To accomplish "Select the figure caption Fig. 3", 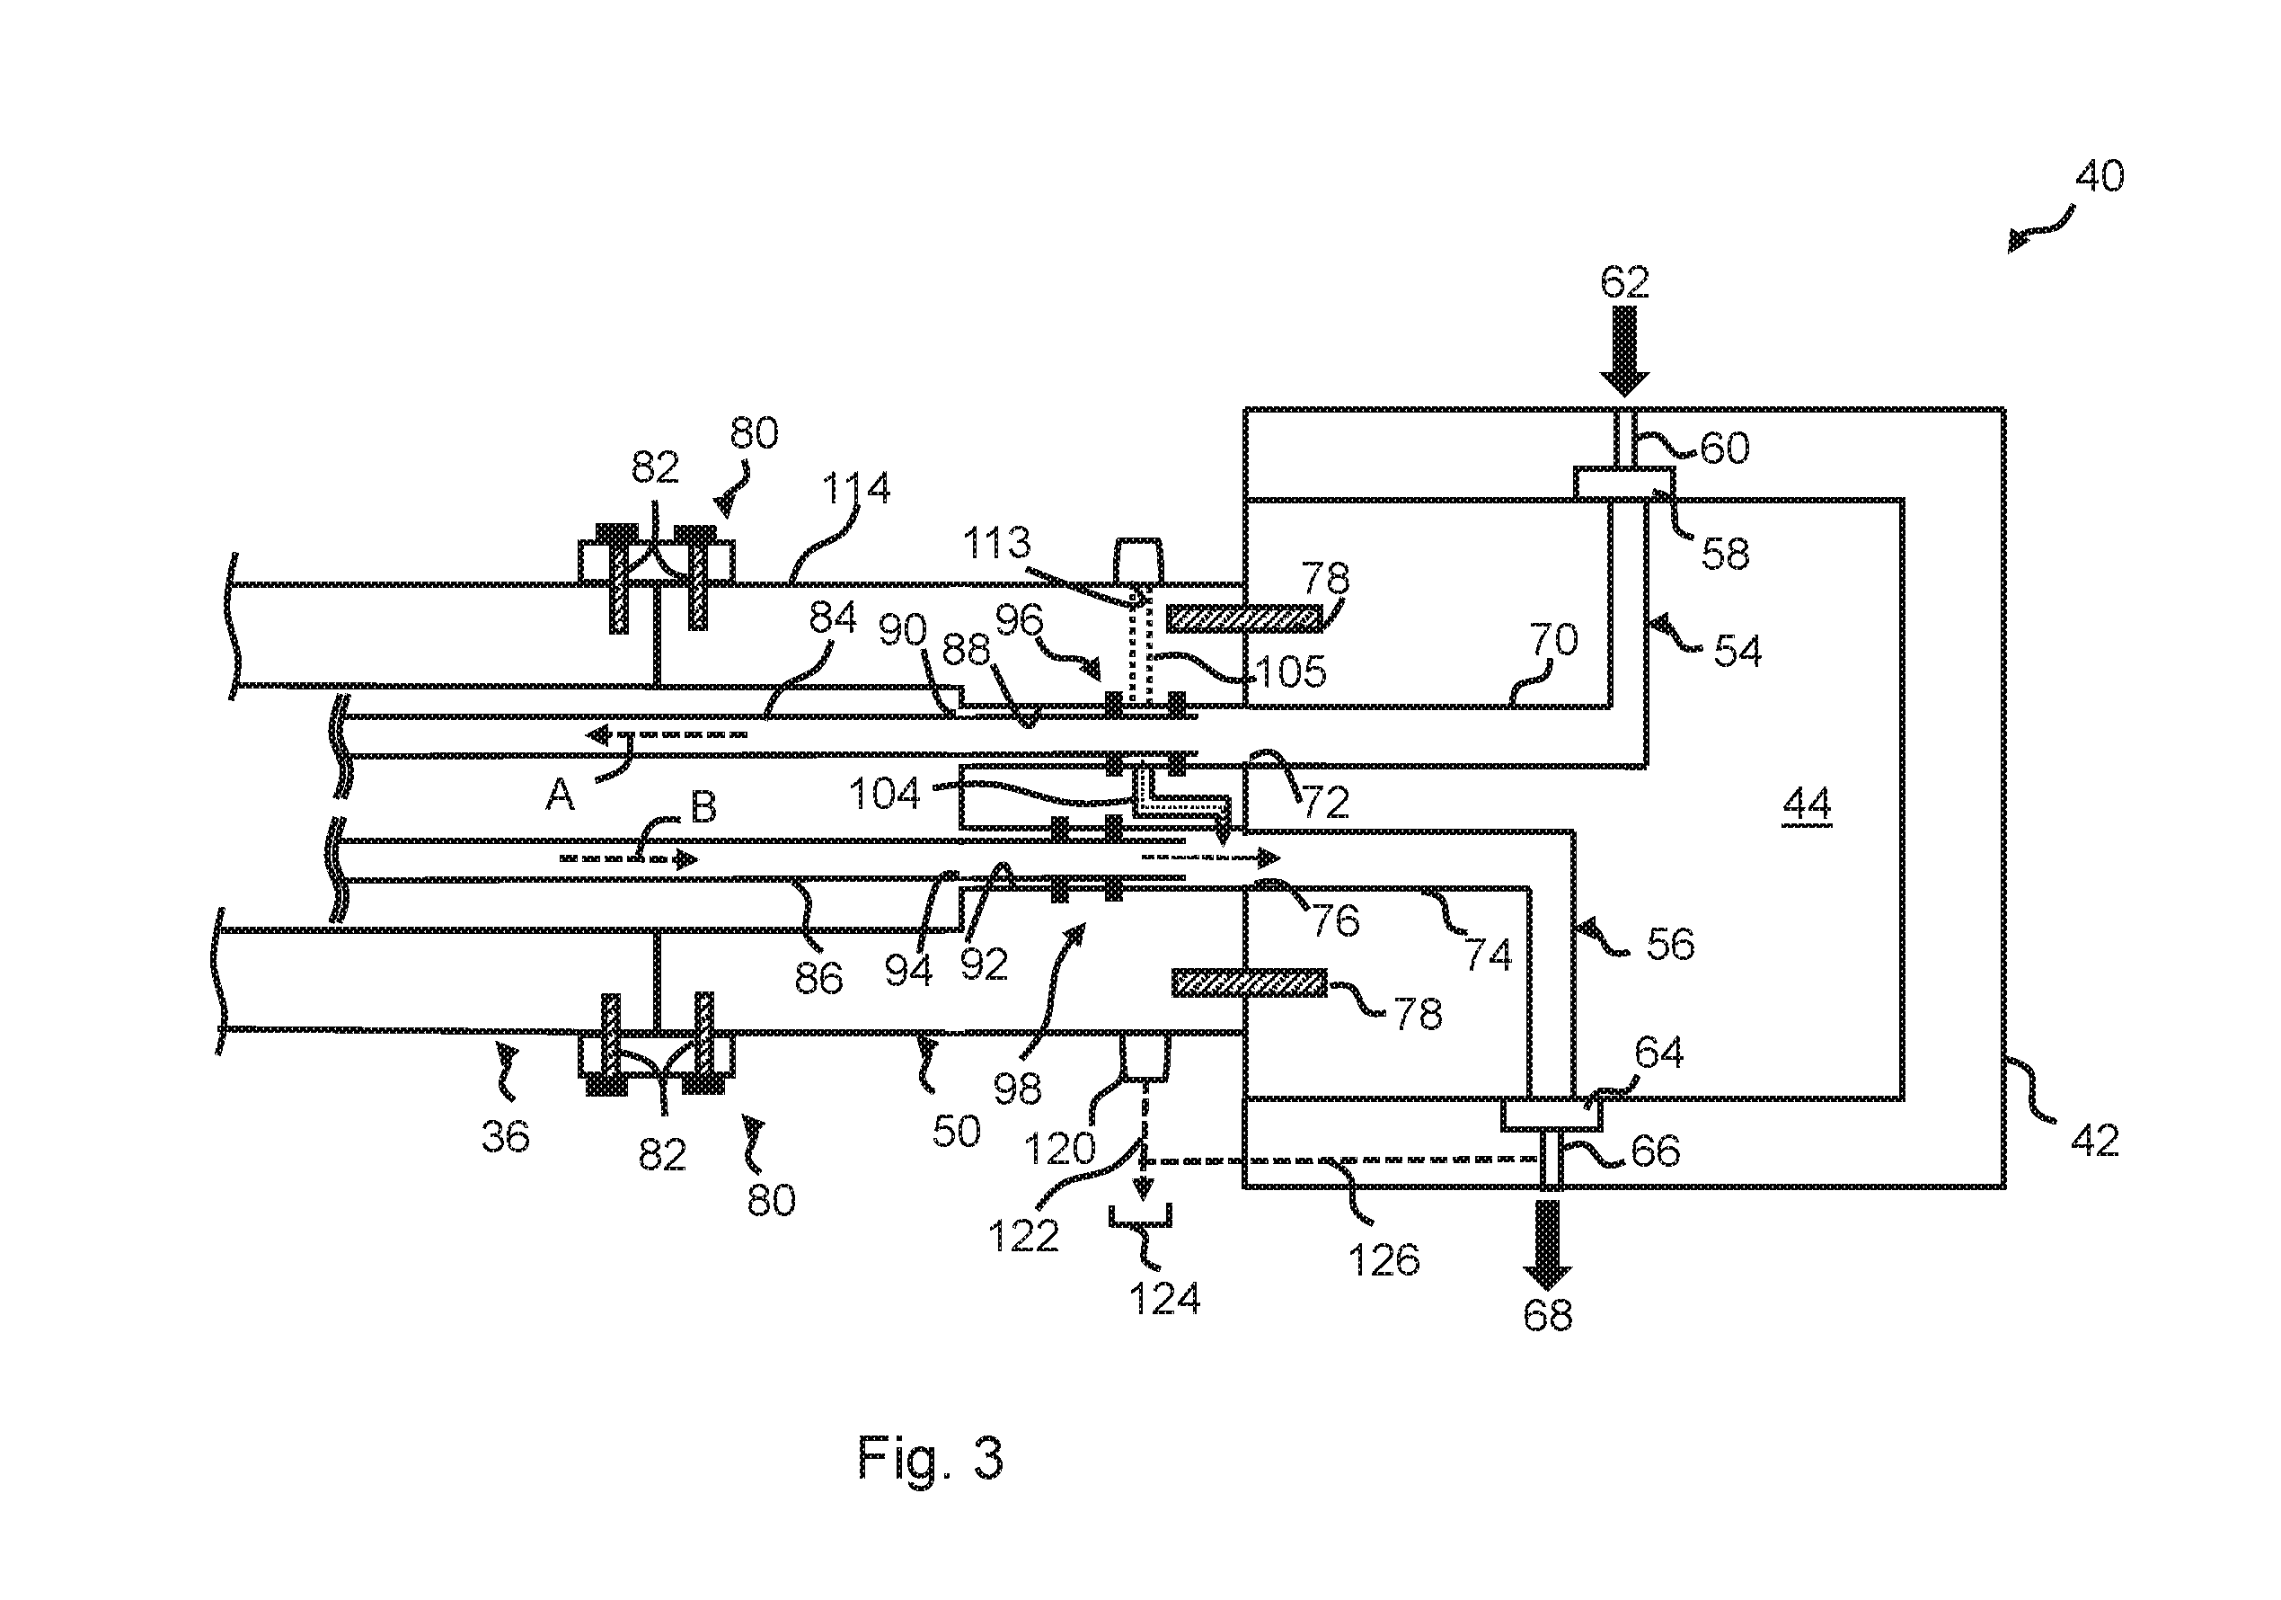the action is pos(930,1458).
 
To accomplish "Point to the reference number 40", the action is pos(2100,177).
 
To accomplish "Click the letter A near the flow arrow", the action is pos(561,795).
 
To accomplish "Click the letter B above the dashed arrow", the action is pos(703,808).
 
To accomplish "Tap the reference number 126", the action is pos(1384,1260).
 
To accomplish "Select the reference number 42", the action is pos(2094,1141).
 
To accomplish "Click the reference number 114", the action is pos(856,489).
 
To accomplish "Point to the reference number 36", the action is pos(505,1136).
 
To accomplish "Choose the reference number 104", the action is pos(884,794).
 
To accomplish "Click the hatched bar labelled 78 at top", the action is pos(1244,619).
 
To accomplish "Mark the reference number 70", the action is pos(1552,640).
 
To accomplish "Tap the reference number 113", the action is pos(997,544).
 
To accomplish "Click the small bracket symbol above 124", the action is pos(1141,1217).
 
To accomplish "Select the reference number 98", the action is pos(1016,1089).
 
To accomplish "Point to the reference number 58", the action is pos(1725,554).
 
